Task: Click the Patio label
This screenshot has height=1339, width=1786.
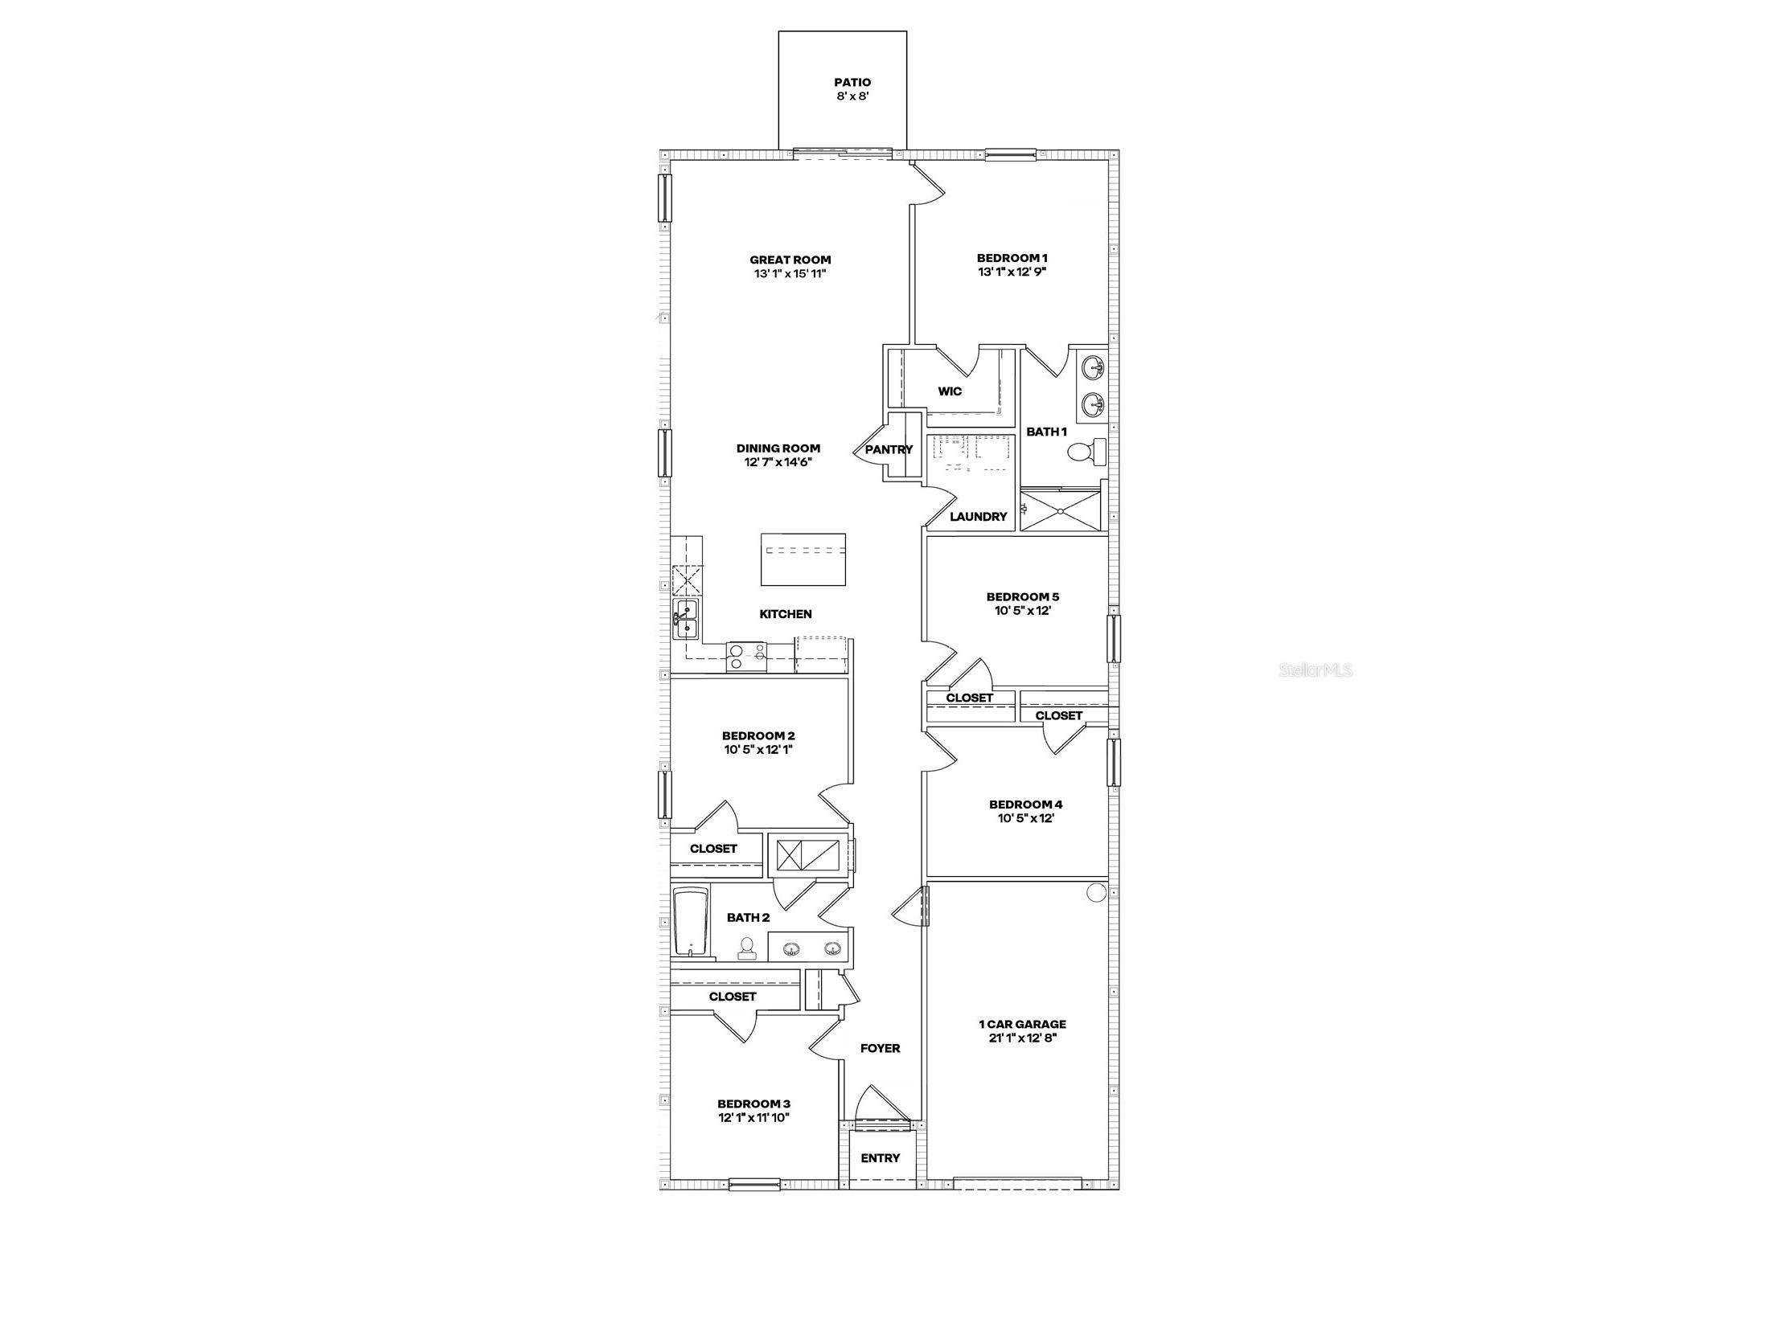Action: tap(852, 82)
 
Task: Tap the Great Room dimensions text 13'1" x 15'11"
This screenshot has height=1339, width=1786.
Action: tap(790, 273)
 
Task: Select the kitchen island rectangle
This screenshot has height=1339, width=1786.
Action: tap(803, 559)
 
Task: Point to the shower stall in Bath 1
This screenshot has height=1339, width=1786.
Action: tap(1059, 510)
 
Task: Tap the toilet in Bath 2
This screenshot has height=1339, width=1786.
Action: tap(747, 948)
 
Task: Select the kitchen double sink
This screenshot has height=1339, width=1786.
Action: tap(686, 620)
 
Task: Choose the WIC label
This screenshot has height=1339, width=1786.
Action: tap(950, 391)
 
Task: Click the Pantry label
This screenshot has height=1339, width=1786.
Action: tap(888, 449)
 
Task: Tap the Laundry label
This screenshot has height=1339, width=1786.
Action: tap(978, 517)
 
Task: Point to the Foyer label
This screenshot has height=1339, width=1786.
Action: tap(879, 1048)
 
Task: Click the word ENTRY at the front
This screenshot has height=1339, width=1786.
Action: tap(879, 1158)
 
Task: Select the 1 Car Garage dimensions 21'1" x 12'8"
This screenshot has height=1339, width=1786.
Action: tap(1022, 1038)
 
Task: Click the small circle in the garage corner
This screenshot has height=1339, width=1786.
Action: tap(1096, 893)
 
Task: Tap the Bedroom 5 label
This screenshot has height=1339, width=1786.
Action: tap(1022, 597)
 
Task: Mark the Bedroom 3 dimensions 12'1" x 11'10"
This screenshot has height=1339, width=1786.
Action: tap(753, 1118)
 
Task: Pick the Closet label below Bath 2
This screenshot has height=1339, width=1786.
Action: tap(733, 997)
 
